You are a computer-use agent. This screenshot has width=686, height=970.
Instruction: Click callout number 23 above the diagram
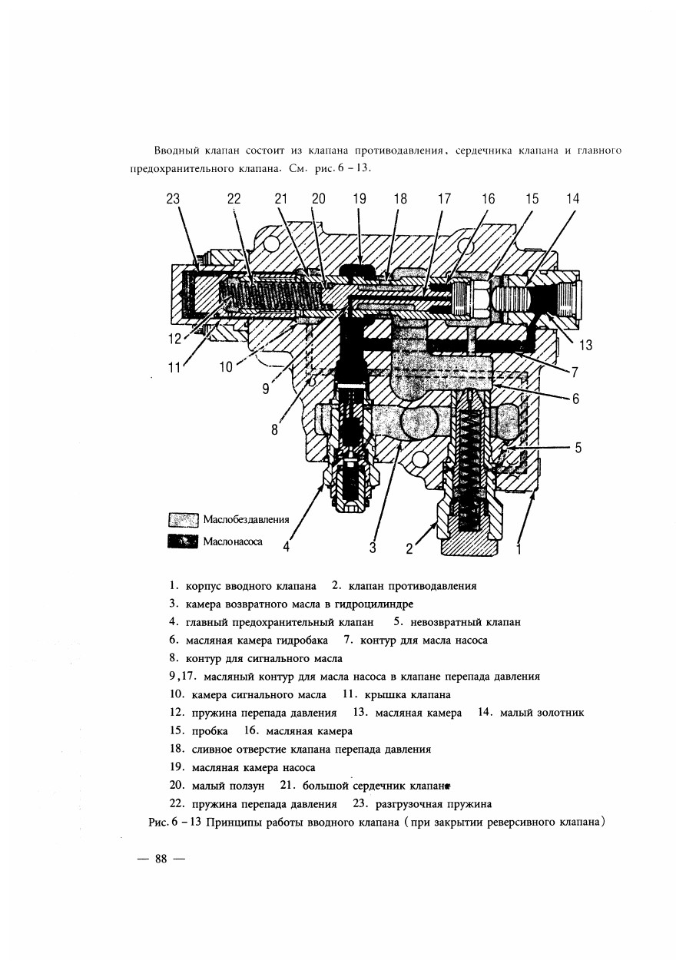(x=173, y=199)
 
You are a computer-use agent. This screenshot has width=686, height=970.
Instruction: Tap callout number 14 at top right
(x=572, y=199)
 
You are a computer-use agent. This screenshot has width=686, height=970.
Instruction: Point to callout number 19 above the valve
(x=360, y=199)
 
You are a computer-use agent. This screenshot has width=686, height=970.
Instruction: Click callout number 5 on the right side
(x=578, y=447)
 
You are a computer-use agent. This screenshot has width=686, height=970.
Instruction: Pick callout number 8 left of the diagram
(x=274, y=430)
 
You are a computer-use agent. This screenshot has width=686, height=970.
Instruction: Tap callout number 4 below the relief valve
(x=287, y=547)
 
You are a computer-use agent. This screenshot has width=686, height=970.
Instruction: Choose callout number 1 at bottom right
(x=519, y=549)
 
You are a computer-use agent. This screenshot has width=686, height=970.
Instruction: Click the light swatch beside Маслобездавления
(x=183, y=520)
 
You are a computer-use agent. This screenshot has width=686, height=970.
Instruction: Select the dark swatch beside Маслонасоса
(x=183, y=541)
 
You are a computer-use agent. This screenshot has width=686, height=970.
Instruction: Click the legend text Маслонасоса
(x=233, y=541)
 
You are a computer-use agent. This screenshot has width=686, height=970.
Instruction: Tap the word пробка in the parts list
(x=210, y=731)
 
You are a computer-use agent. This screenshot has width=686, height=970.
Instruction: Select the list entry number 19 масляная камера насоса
(x=243, y=768)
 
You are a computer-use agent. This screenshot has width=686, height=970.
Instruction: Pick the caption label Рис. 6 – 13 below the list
(x=175, y=822)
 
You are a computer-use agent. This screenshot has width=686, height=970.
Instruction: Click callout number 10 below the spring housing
(x=226, y=367)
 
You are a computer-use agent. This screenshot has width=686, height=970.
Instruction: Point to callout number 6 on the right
(x=575, y=399)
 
